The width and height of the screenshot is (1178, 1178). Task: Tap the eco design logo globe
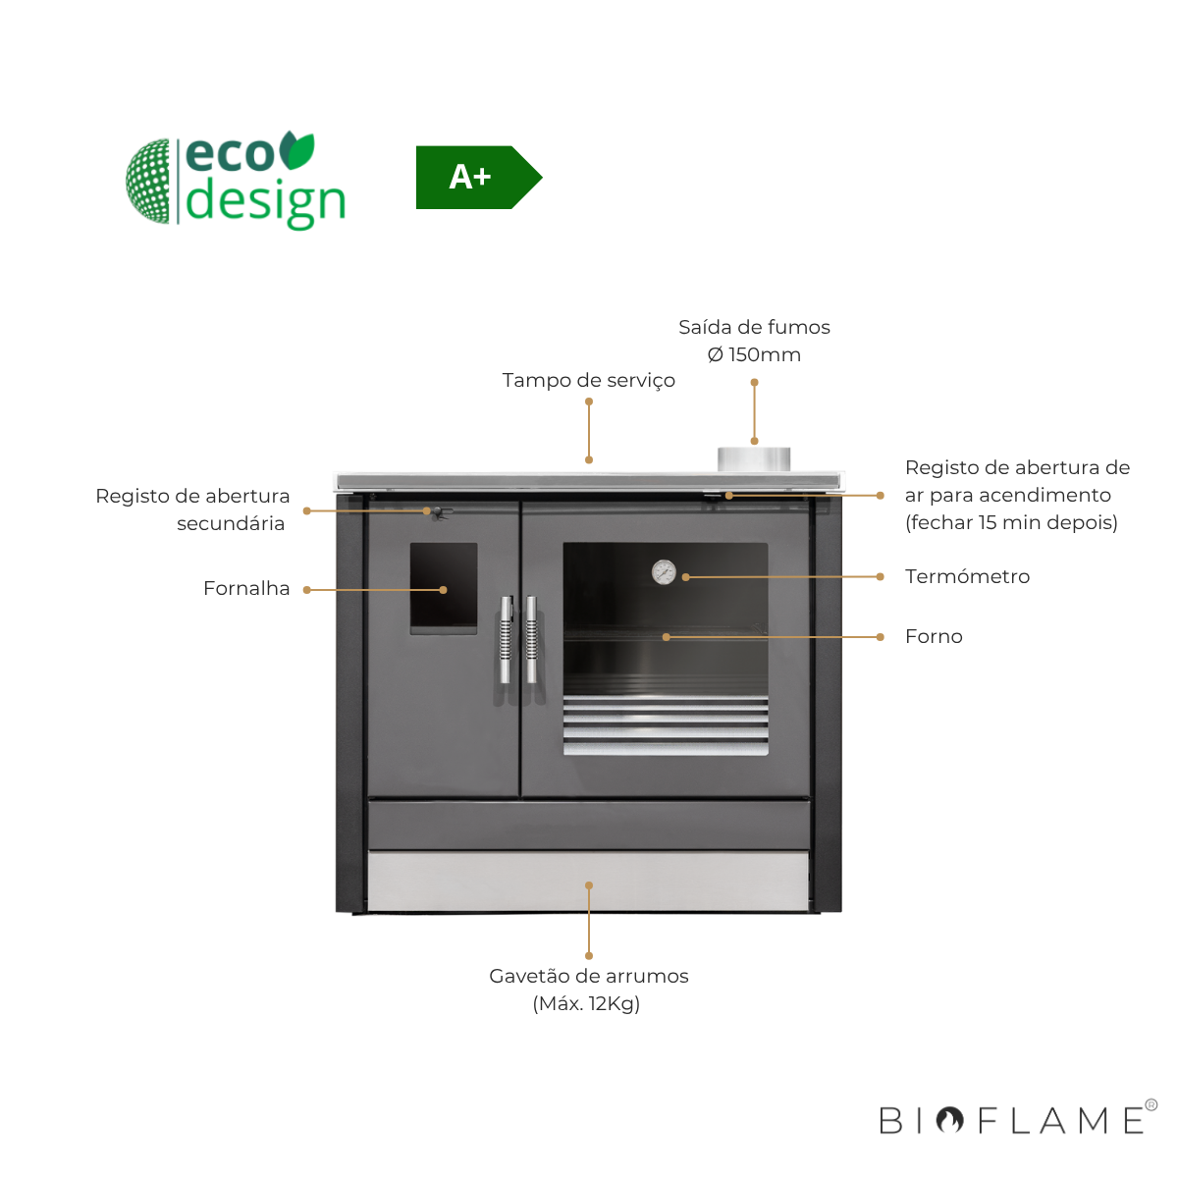149,181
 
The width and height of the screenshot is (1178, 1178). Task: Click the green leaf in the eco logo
296,150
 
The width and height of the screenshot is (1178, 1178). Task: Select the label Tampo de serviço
588,380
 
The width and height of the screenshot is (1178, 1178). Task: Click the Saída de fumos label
754,327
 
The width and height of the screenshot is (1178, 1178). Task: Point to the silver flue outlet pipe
753,459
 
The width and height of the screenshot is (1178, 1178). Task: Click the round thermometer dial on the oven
664,571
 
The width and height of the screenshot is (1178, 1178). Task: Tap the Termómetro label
967,576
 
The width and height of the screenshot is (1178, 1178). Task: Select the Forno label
934,636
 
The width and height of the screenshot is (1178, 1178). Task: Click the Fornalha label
246,588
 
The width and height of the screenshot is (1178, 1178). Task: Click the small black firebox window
444,587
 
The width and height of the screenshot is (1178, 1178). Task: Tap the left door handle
506,639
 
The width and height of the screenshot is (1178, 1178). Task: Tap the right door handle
531,639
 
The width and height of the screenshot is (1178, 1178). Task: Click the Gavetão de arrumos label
588,976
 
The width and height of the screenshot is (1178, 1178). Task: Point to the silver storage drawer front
588,880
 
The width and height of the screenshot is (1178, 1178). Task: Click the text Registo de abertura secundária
193,509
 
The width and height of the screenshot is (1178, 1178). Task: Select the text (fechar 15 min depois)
1011,522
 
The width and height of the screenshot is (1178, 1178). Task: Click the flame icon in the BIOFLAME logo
949,1120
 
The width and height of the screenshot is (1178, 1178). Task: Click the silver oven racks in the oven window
666,724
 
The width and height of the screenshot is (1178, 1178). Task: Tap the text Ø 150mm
754,354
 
